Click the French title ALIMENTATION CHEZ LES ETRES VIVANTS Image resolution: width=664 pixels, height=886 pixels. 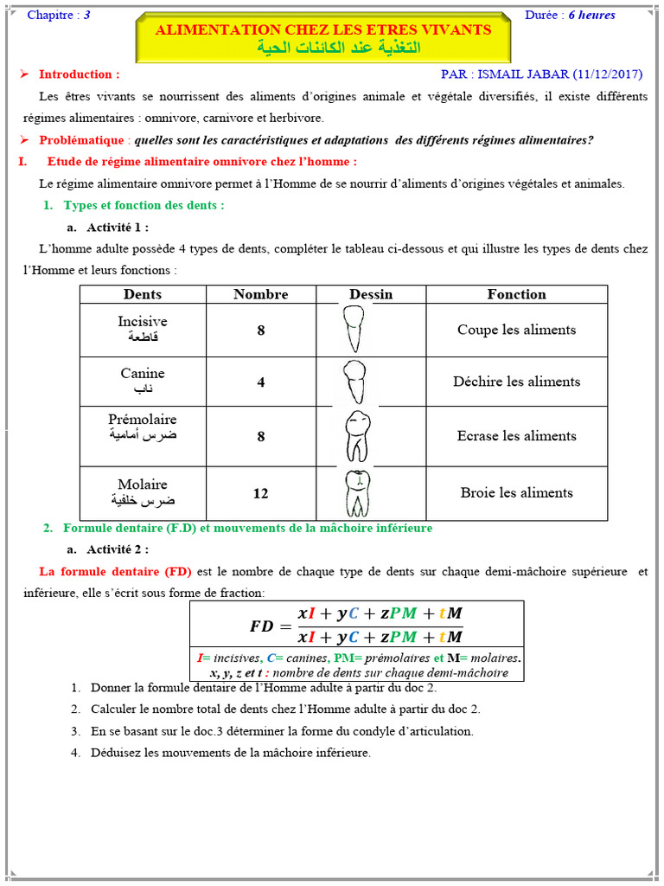pyautogui.click(x=322, y=29)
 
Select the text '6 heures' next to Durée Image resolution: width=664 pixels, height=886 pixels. pyautogui.click(x=591, y=15)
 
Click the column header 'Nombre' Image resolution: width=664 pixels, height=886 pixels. pyautogui.click(x=260, y=294)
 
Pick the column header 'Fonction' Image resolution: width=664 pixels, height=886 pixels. pyautogui.click(x=516, y=294)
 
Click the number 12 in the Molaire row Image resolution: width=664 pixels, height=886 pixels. pyautogui.click(x=260, y=493)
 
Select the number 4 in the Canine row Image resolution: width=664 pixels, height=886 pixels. pyautogui.click(x=260, y=382)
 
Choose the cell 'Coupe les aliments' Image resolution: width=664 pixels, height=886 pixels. pyautogui.click(x=516, y=330)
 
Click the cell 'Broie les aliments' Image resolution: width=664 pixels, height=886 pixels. pyautogui.click(x=516, y=493)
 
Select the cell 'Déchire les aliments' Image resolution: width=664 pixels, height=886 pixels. pyautogui.click(x=516, y=382)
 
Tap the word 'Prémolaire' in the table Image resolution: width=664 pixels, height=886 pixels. pyautogui.click(x=143, y=420)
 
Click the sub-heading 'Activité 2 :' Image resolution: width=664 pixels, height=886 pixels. pyautogui.click(x=118, y=549)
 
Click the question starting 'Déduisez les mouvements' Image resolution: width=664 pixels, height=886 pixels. pyautogui.click(x=230, y=753)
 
